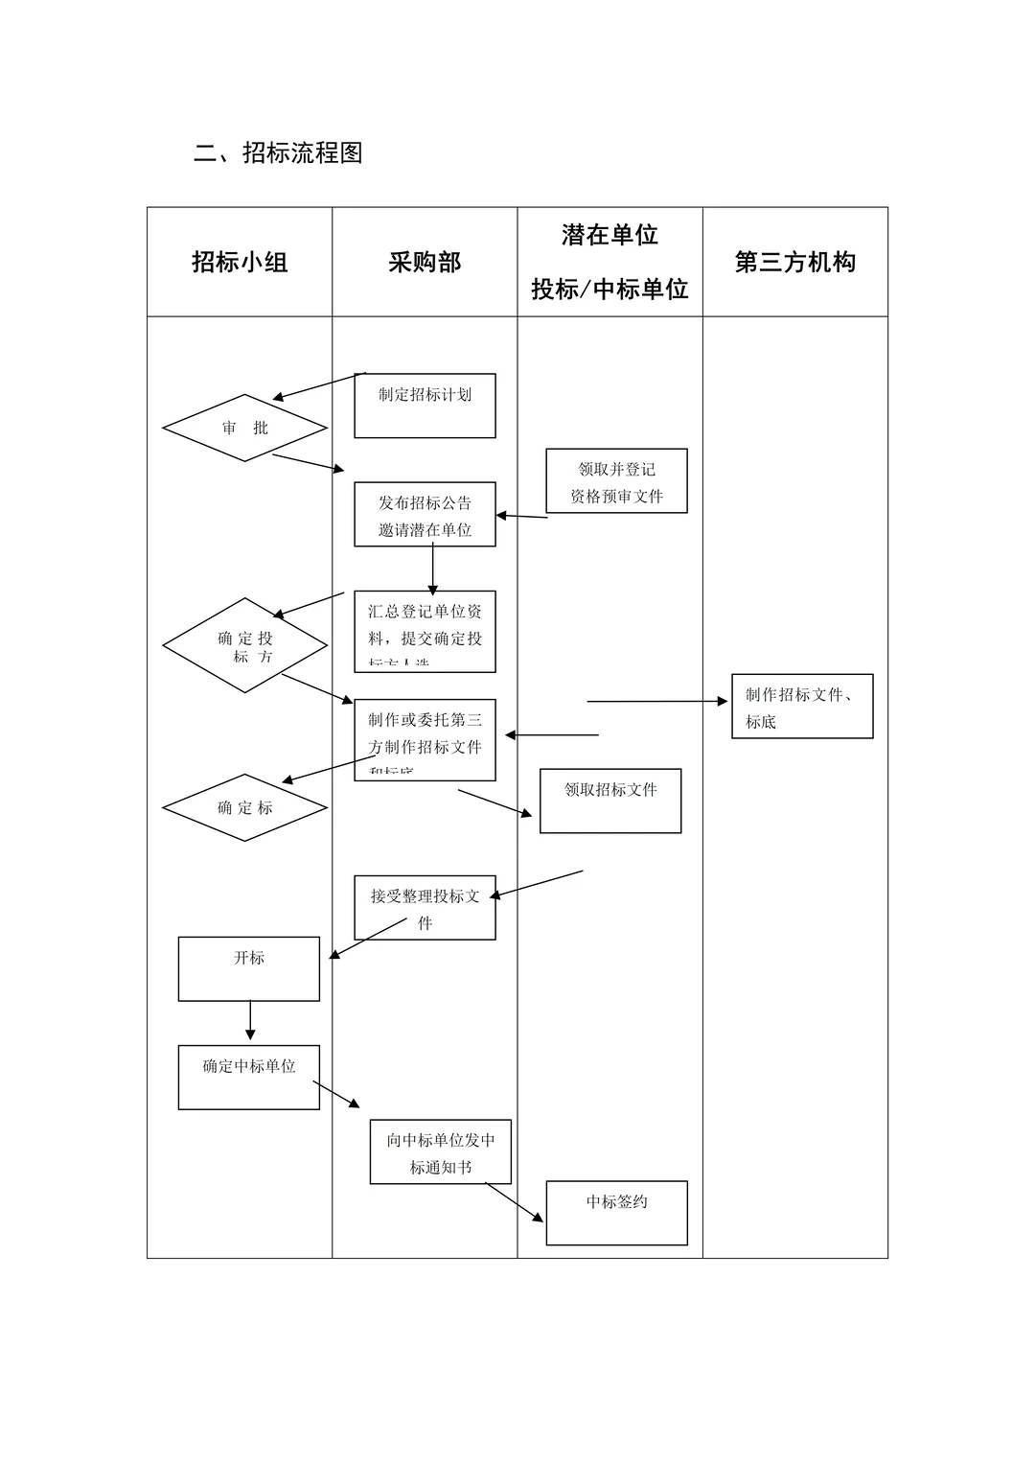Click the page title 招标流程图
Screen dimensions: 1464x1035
coord(278,152)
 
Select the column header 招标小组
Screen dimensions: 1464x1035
coord(240,262)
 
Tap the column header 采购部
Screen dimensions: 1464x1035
coord(425,262)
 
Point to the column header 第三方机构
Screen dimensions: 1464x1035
coord(794,262)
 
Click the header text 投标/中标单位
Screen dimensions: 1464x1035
coord(609,289)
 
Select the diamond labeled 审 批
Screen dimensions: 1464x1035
coord(245,428)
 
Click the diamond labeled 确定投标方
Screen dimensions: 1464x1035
coord(245,645)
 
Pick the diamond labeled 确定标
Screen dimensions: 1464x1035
coord(245,807)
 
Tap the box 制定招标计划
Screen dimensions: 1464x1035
coord(425,406)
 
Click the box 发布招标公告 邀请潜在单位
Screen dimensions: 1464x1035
coord(425,515)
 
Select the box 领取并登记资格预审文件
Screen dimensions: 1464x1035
coord(616,481)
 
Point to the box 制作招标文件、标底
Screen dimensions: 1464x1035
coord(802,707)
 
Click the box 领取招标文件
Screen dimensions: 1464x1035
coord(610,801)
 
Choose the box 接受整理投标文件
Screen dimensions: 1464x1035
coord(425,908)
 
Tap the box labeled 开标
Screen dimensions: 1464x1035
coord(249,969)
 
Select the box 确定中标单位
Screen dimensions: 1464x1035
coord(249,1078)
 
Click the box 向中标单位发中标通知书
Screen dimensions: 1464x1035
coord(441,1152)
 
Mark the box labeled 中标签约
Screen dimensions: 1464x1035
coord(616,1213)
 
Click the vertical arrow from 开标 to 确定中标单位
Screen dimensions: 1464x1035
coord(250,1021)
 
